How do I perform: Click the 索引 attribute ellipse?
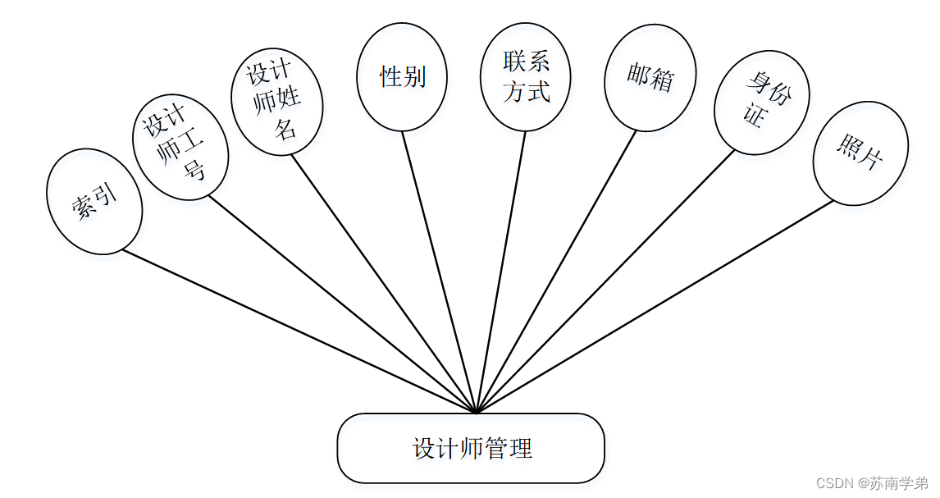click(94, 201)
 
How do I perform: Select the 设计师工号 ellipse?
click(180, 148)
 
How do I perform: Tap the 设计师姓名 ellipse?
click(276, 101)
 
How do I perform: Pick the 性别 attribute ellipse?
click(402, 77)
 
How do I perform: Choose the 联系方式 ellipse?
click(526, 76)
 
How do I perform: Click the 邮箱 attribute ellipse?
click(650, 78)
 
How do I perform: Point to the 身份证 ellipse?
click(762, 103)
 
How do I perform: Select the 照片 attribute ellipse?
click(860, 153)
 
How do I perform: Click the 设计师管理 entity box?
click(471, 448)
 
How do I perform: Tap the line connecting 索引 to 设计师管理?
click(299, 331)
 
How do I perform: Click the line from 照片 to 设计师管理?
click(655, 306)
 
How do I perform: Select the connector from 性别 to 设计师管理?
click(439, 271)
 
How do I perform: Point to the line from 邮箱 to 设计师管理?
click(556, 271)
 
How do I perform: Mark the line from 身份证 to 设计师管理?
click(605, 281)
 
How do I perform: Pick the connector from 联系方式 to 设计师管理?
click(501, 271)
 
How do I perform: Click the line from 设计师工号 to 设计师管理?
click(342, 304)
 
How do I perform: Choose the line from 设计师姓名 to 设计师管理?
click(384, 283)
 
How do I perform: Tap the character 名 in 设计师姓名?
click(285, 128)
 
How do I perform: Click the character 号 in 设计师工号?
click(194, 172)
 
